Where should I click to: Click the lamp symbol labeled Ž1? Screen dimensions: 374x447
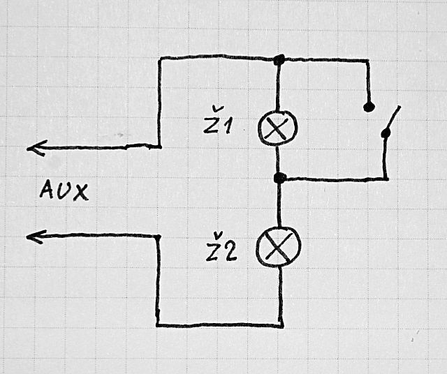pyautogui.click(x=278, y=126)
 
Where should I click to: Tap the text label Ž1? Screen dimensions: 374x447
pyautogui.click(x=219, y=126)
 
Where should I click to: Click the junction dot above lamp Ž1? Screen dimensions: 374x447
pyautogui.click(x=279, y=60)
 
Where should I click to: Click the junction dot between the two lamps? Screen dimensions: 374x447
pyautogui.click(x=279, y=179)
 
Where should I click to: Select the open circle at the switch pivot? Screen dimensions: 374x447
pyautogui.click(x=383, y=133)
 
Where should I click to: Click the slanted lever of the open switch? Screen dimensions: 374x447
pyautogui.click(x=393, y=119)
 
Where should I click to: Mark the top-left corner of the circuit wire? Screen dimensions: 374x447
pyautogui.click(x=161, y=59)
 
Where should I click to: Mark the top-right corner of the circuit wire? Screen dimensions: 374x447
pyautogui.click(x=367, y=61)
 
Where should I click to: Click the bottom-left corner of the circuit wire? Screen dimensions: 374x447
pyautogui.click(x=159, y=324)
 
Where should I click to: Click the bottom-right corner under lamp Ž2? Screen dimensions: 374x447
pyautogui.click(x=281, y=324)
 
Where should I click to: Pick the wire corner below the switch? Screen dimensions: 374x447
pyautogui.click(x=386, y=179)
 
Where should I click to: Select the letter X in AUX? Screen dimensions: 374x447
pyautogui.click(x=82, y=191)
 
